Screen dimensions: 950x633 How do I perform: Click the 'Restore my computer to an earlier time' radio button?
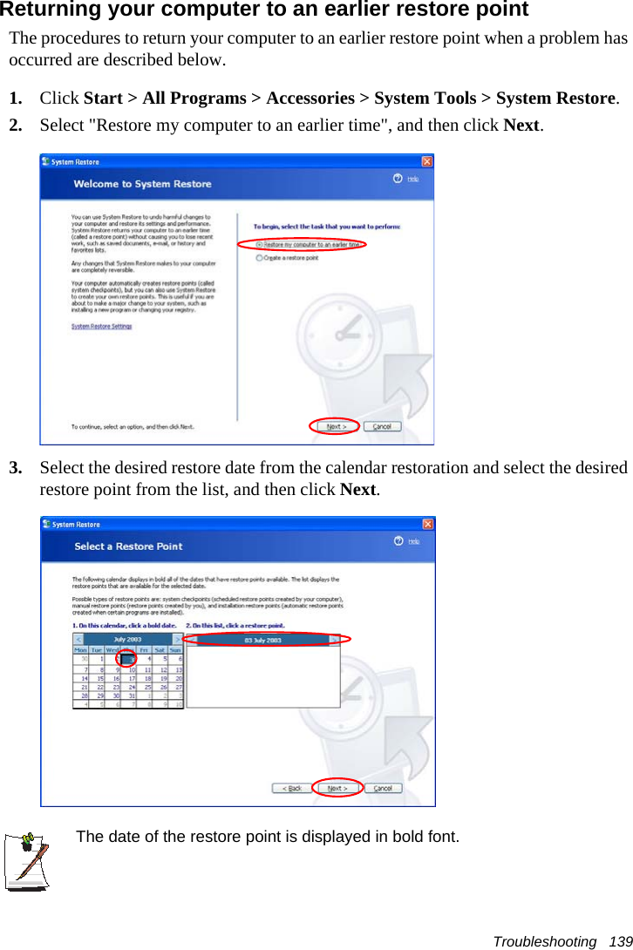point(260,245)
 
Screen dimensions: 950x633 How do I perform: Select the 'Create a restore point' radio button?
point(260,258)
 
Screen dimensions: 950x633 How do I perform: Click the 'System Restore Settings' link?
point(101,327)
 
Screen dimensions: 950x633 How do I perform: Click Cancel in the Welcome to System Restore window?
point(382,427)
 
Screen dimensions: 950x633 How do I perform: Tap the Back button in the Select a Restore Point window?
point(291,788)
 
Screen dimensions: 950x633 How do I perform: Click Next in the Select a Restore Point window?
point(337,788)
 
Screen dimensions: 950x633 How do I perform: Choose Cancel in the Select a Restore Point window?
point(382,788)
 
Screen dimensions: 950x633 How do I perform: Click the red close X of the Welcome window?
point(427,161)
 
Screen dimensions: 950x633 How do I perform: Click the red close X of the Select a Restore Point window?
point(428,524)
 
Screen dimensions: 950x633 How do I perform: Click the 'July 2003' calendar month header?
point(127,639)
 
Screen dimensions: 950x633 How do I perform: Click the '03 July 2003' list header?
point(262,640)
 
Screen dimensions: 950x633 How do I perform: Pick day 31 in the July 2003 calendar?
point(132,696)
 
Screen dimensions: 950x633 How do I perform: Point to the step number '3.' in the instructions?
point(16,468)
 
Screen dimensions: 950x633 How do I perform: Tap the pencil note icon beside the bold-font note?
point(27,860)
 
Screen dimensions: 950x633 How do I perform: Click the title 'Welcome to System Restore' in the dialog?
point(142,184)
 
